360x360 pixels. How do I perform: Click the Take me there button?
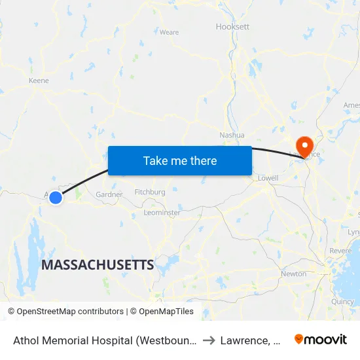click(x=180, y=160)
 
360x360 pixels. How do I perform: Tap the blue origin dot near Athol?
click(x=56, y=197)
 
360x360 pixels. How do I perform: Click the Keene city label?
click(x=39, y=81)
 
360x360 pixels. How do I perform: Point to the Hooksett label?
click(x=232, y=27)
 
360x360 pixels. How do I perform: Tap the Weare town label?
click(x=169, y=32)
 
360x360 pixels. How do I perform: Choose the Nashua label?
click(x=232, y=135)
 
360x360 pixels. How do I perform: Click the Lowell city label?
click(x=268, y=178)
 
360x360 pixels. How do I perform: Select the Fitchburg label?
click(x=149, y=192)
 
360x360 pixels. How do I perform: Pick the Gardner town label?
click(x=109, y=194)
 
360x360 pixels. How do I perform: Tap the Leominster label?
click(x=162, y=213)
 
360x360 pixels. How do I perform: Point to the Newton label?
click(x=293, y=274)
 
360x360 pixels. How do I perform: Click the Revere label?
click(x=340, y=251)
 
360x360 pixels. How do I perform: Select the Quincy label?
click(x=342, y=302)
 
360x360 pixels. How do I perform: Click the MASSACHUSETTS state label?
click(x=98, y=265)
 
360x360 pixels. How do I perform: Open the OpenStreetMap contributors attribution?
click(x=65, y=312)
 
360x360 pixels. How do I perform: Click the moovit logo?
click(x=321, y=339)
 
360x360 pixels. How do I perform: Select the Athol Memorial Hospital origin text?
click(x=105, y=340)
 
